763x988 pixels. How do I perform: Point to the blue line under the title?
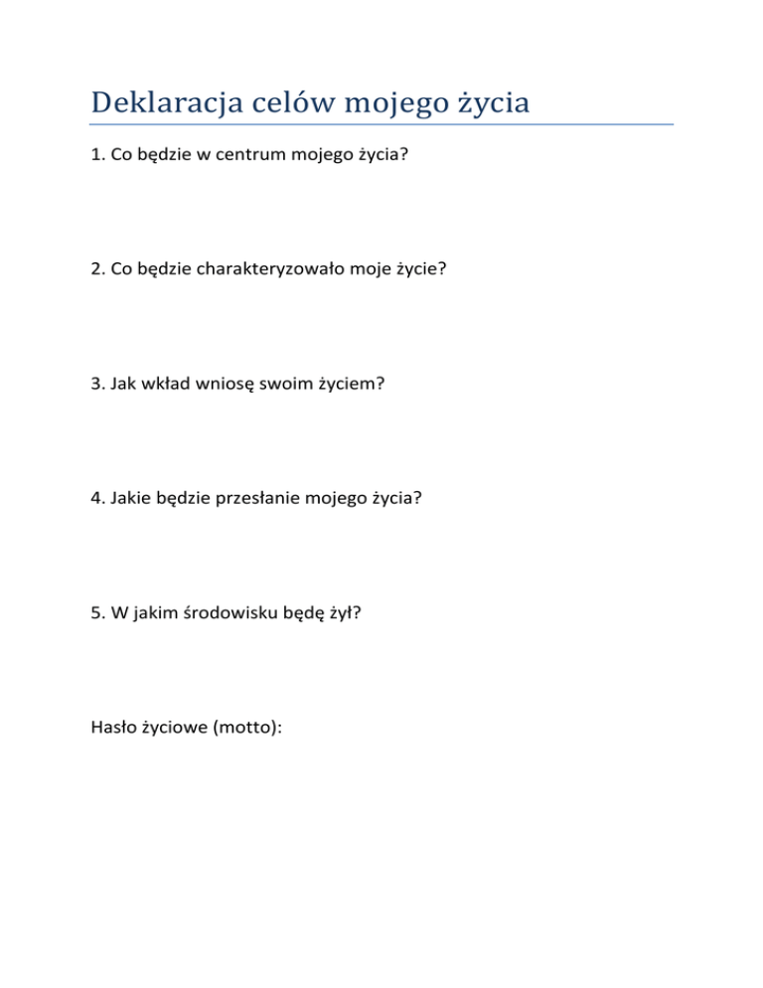click(x=381, y=125)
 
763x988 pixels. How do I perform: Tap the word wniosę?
click(x=230, y=382)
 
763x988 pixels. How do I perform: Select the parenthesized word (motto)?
click(x=247, y=727)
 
